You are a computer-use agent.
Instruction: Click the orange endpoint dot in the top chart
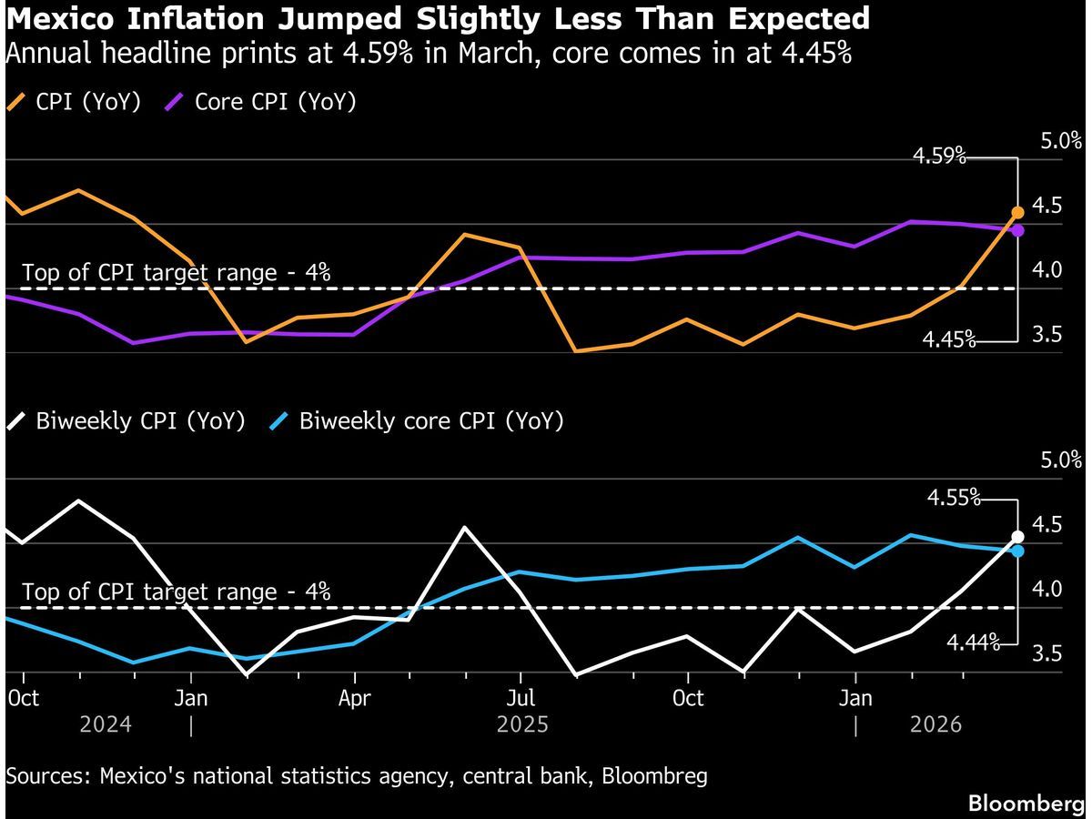[x=1017, y=213]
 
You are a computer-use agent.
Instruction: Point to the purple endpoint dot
[x=1017, y=230]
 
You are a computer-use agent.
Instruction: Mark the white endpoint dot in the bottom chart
[x=1017, y=537]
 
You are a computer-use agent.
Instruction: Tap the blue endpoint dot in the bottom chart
[x=1017, y=551]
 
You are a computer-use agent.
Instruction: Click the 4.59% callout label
[x=939, y=157]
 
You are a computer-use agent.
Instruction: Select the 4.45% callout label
[x=949, y=340]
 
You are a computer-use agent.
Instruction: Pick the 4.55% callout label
[x=953, y=498]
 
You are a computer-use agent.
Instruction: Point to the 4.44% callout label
[x=973, y=643]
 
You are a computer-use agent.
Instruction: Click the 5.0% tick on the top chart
[x=1061, y=141]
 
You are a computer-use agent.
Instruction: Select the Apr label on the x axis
[x=354, y=698]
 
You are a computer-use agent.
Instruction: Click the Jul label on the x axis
[x=520, y=698]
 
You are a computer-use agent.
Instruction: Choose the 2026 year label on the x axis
[x=936, y=724]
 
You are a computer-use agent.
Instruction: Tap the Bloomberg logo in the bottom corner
[x=1026, y=803]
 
